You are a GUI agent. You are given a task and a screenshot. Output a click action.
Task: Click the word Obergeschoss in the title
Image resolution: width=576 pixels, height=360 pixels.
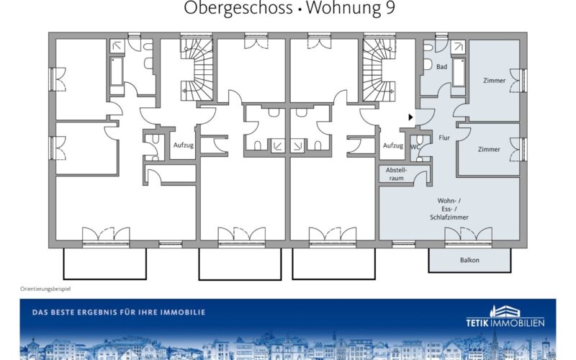[x=238, y=8]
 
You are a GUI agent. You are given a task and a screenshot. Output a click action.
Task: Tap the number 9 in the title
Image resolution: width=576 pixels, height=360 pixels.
[x=390, y=7]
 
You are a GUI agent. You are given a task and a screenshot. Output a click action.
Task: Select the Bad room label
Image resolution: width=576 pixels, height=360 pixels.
[x=441, y=67]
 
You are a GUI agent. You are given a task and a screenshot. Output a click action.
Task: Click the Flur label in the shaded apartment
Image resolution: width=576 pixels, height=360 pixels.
[x=444, y=138]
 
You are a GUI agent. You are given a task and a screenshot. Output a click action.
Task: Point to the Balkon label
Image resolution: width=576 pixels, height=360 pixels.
[x=469, y=260]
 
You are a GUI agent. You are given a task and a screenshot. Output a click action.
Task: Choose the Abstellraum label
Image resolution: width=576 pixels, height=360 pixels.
[x=397, y=174]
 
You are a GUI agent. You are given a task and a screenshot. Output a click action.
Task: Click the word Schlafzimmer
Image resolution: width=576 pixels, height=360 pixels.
[x=449, y=217]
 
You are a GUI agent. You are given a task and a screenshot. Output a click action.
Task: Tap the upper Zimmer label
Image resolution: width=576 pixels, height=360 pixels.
[x=495, y=81]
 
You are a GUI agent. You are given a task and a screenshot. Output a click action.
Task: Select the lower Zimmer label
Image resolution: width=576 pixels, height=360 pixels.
[x=489, y=150]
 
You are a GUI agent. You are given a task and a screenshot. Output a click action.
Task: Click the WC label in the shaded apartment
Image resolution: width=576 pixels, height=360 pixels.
[x=415, y=147]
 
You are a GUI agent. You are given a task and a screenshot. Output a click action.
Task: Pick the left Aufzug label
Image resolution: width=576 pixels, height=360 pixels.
[x=184, y=145]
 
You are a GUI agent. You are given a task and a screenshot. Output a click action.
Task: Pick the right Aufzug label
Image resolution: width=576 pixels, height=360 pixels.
[x=393, y=145]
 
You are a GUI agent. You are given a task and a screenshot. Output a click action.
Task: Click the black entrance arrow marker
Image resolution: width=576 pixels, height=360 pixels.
[x=410, y=117]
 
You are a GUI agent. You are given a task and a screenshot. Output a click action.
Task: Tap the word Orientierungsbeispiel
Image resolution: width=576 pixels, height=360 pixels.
[x=45, y=289]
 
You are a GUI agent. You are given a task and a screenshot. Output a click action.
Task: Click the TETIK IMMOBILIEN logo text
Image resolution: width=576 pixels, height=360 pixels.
[x=505, y=323]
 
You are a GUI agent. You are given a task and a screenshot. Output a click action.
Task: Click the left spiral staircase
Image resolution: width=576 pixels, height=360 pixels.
[x=197, y=70]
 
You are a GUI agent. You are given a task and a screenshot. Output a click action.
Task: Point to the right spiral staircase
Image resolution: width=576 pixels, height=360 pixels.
[x=379, y=70]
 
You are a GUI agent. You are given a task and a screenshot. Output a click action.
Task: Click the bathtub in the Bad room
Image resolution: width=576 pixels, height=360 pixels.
[x=459, y=73]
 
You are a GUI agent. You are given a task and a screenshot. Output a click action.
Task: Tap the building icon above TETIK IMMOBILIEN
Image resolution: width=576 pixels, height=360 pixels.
[x=505, y=311]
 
